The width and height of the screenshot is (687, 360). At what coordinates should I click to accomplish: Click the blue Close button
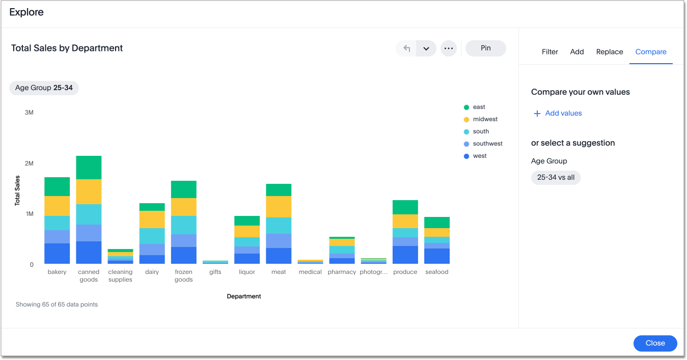click(x=655, y=343)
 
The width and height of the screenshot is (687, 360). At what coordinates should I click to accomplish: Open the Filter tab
click(x=549, y=52)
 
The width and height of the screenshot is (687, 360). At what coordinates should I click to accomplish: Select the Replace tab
click(x=610, y=52)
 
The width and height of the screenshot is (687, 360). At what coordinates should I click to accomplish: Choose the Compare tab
click(x=650, y=52)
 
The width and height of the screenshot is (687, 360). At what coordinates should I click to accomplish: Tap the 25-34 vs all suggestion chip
click(x=556, y=178)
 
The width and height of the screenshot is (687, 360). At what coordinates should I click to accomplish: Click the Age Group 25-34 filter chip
click(x=44, y=88)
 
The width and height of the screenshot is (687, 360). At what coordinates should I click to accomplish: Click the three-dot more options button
click(x=448, y=48)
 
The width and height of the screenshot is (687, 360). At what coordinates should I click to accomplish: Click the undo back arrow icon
click(x=406, y=48)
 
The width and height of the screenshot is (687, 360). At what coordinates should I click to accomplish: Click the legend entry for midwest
click(x=484, y=119)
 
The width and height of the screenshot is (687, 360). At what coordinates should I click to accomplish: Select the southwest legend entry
click(x=487, y=144)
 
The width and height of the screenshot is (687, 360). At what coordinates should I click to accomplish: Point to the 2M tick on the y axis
click(x=29, y=163)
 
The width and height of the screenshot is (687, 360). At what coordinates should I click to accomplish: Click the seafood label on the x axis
click(x=436, y=272)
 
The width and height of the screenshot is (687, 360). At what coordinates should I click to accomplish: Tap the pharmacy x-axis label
click(x=342, y=272)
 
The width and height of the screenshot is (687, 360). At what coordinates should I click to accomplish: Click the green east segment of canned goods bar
click(x=89, y=168)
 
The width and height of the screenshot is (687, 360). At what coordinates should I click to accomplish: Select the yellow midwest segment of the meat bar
click(x=279, y=207)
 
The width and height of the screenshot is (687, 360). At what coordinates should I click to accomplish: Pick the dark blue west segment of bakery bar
click(x=57, y=253)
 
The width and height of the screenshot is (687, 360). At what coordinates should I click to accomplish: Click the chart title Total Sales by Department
click(x=67, y=48)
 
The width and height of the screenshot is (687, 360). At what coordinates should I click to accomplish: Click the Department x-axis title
click(x=244, y=296)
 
